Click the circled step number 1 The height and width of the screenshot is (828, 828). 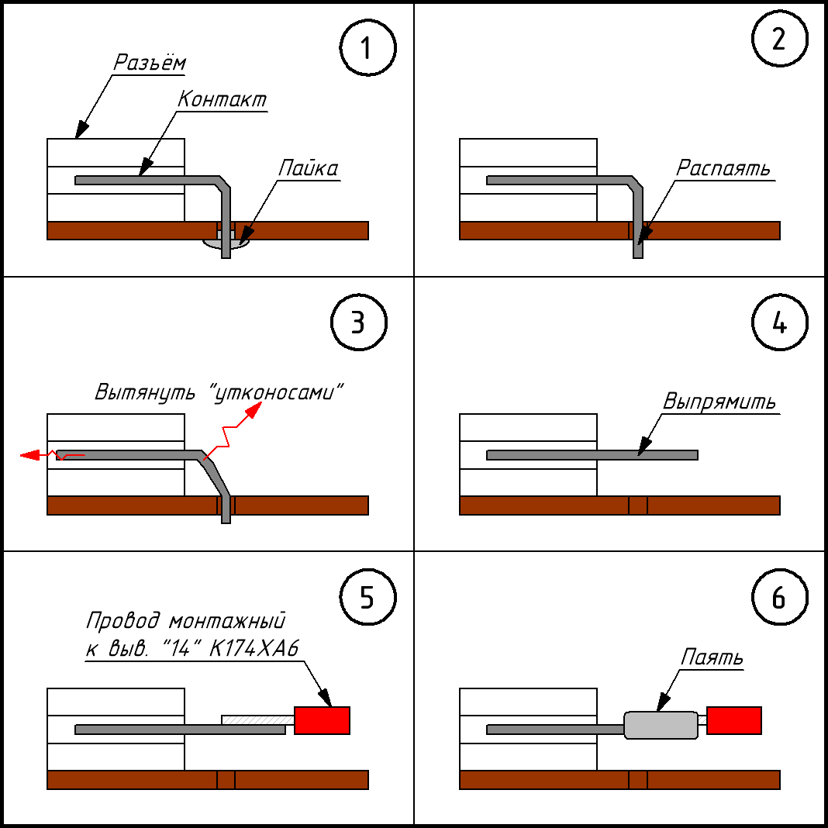[367, 48]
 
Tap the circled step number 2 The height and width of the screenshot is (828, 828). [779, 39]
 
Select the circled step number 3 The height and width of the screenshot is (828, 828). [358, 322]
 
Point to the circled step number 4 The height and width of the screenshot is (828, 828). [779, 322]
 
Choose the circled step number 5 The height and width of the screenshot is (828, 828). [367, 597]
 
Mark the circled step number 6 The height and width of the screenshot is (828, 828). [779, 597]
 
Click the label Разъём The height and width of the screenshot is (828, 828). [150, 62]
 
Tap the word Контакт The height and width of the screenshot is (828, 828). [223, 99]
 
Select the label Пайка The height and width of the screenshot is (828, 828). [309, 168]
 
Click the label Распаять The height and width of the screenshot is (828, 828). [723, 168]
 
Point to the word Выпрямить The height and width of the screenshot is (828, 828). [719, 402]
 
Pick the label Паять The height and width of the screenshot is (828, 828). [711, 657]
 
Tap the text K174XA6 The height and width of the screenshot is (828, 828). [254, 648]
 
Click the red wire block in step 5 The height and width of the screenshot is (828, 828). [322, 720]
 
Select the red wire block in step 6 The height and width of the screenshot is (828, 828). [734, 720]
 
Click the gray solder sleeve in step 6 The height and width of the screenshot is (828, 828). [661, 725]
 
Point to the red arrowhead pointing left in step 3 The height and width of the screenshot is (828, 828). [30, 454]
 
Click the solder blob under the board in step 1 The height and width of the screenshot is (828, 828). [226, 243]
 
